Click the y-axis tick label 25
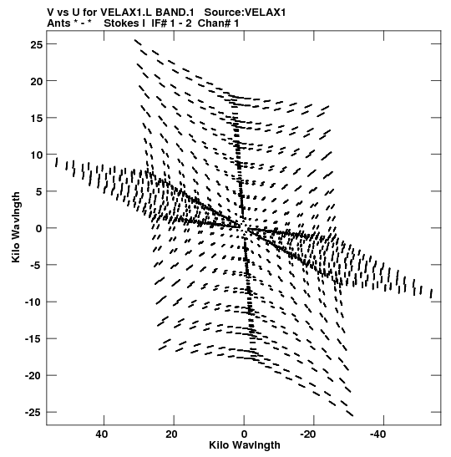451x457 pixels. (37, 44)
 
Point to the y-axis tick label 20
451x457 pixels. (37, 81)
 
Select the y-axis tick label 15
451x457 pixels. (37, 119)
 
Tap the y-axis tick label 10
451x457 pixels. (37, 155)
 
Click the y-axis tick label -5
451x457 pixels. (36, 266)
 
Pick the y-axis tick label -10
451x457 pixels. (33, 302)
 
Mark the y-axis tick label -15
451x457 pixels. (33, 339)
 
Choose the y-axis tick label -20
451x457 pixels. (33, 376)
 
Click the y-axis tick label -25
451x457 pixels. (33, 413)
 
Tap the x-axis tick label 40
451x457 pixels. (102, 434)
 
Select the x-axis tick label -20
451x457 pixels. (308, 434)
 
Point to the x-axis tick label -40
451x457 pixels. (378, 434)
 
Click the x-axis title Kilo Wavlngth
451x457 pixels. (245, 445)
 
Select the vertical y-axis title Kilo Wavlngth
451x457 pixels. (16, 227)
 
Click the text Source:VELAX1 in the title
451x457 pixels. (245, 13)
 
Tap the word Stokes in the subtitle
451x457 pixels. (121, 23)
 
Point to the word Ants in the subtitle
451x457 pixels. (58, 23)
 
